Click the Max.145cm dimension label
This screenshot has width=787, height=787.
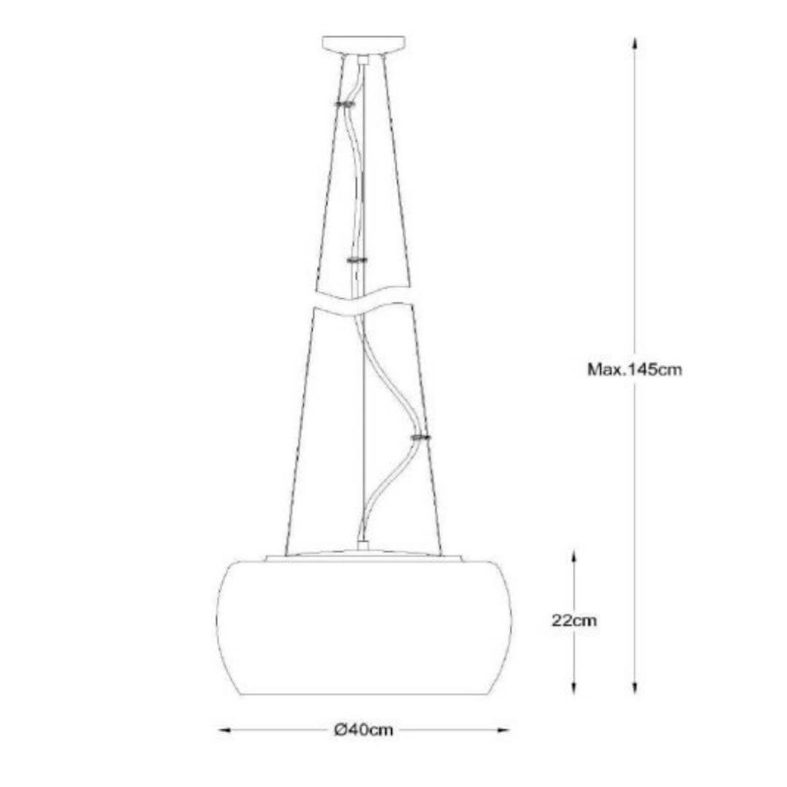pyautogui.click(x=635, y=369)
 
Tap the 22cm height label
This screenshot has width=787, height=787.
pyautogui.click(x=574, y=621)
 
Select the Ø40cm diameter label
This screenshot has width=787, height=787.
pyautogui.click(x=364, y=729)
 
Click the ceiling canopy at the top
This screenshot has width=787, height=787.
pyautogui.click(x=364, y=44)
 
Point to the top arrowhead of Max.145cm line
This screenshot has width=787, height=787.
pyautogui.click(x=635, y=42)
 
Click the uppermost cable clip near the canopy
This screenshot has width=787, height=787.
pyautogui.click(x=344, y=105)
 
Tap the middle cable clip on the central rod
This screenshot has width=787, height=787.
pyautogui.click(x=357, y=260)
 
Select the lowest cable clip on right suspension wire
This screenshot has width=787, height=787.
pyautogui.click(x=420, y=437)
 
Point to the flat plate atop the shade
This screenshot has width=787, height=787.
pyautogui.click(x=364, y=558)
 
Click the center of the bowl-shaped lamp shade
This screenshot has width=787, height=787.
pyautogui.click(x=364, y=627)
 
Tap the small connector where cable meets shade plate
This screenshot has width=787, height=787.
pyautogui.click(x=364, y=546)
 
